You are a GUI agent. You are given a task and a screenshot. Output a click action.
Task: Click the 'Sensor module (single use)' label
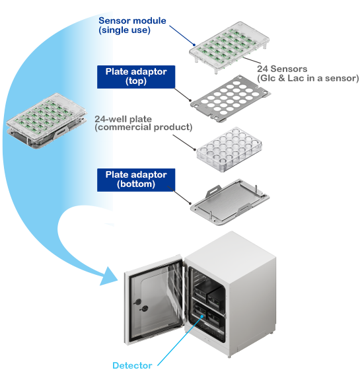(x=132, y=25)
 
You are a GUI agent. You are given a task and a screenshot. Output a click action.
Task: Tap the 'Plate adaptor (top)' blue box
(x=136, y=77)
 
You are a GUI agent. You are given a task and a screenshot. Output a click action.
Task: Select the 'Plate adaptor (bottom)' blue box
(x=136, y=180)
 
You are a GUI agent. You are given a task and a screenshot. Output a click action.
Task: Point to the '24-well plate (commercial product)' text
(x=143, y=123)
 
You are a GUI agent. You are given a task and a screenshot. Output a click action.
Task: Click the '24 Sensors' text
(x=282, y=69)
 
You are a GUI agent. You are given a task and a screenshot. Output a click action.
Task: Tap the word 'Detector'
(x=132, y=365)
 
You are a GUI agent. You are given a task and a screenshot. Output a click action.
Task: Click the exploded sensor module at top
(x=229, y=47)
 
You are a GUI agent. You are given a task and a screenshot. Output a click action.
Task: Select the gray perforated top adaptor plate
(x=231, y=98)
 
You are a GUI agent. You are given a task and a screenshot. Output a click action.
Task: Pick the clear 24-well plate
(x=229, y=149)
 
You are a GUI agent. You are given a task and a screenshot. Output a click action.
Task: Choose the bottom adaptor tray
(x=230, y=202)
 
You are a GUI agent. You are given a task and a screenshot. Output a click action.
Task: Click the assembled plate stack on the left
(x=46, y=120)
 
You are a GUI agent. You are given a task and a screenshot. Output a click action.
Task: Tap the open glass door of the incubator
(x=155, y=300)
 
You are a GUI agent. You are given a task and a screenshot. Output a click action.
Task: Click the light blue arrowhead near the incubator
(x=109, y=277)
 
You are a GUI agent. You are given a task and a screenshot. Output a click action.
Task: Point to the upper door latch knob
(x=137, y=302)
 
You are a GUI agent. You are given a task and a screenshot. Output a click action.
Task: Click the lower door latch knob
(x=144, y=309)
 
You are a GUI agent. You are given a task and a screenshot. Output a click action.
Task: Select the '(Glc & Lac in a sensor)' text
(x=308, y=79)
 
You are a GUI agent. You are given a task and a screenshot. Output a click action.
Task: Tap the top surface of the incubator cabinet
(x=231, y=250)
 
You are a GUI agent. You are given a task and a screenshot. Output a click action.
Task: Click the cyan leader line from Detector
(x=180, y=340)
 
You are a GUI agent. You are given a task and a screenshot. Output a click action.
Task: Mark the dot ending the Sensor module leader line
(x=194, y=45)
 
